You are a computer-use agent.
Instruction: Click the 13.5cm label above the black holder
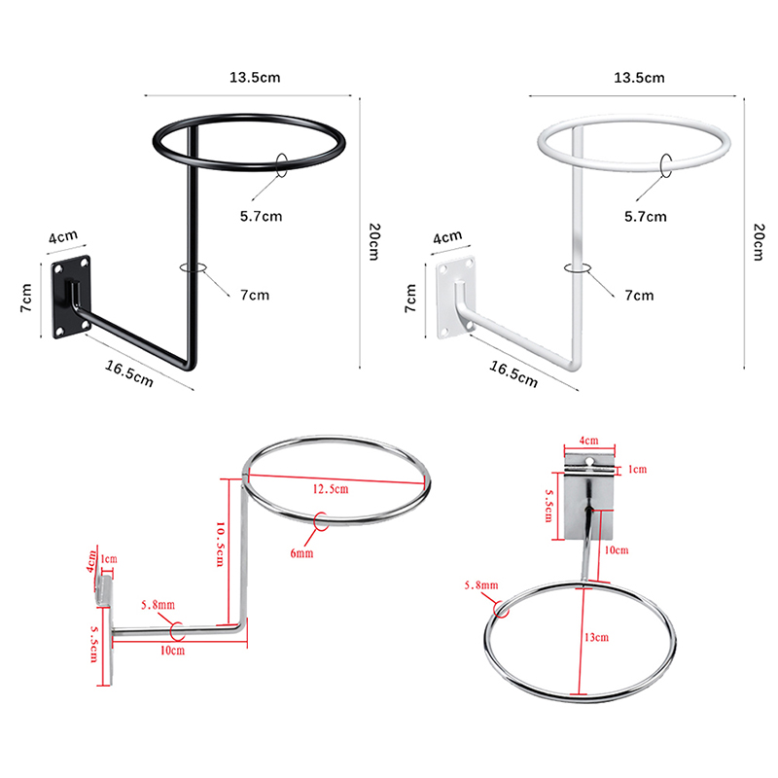(255, 78)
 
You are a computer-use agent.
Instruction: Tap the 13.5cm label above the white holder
(639, 78)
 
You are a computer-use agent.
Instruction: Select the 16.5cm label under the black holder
(129, 373)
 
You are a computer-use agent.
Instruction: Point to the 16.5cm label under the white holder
(513, 373)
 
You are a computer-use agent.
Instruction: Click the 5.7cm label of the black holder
(261, 216)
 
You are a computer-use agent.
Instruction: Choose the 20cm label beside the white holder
(759, 241)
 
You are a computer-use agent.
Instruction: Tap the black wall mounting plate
(71, 298)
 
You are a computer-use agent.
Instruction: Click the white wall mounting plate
(456, 298)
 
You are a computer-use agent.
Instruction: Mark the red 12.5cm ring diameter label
(331, 489)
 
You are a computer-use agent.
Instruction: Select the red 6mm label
(301, 552)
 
